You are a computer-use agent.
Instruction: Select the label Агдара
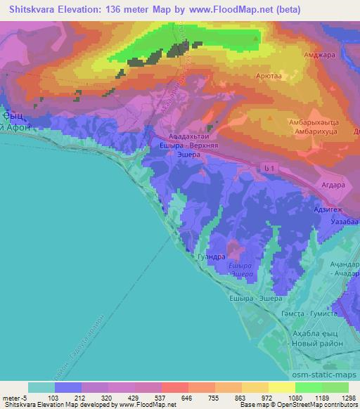(x=330, y=185)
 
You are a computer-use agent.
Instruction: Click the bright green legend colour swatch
(x=307, y=387)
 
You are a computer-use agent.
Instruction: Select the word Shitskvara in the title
(x=33, y=8)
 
